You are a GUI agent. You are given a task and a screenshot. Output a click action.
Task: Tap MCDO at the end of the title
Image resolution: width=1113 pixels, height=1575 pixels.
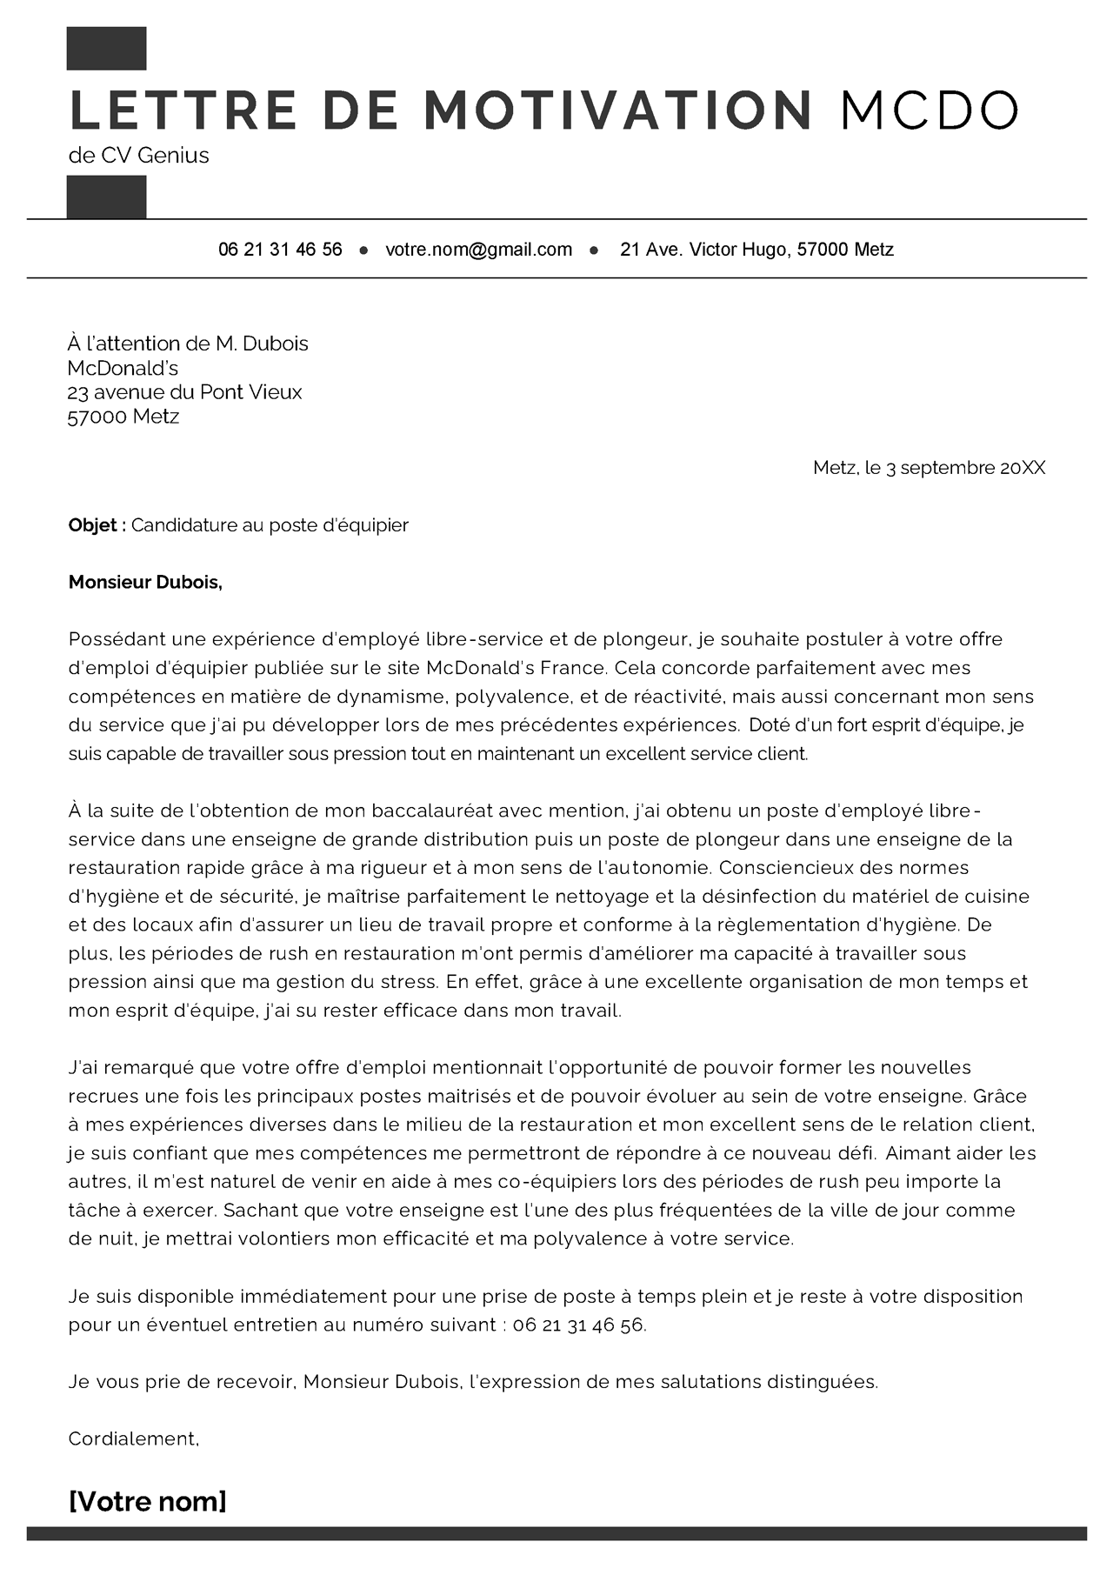929,110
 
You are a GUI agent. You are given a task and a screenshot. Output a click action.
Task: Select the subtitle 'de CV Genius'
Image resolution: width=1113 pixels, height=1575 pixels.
139,156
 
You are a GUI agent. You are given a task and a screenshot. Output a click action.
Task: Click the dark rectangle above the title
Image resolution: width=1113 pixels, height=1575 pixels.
106,49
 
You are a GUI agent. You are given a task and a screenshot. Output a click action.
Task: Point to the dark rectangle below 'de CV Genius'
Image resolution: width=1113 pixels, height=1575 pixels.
106,197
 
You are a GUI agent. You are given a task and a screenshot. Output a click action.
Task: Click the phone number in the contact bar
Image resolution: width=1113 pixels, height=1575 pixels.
280,250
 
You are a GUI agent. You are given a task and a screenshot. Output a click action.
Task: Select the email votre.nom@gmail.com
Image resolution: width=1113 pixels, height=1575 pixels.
478,250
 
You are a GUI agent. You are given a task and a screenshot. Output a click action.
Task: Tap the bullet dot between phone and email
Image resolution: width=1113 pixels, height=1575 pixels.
364,250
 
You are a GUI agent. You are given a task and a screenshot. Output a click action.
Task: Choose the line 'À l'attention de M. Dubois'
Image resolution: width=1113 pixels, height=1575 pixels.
188,344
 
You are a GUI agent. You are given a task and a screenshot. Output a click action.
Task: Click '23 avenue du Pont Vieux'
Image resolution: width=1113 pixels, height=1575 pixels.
184,392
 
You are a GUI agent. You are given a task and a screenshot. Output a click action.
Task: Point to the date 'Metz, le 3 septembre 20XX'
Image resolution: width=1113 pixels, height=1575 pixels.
929,468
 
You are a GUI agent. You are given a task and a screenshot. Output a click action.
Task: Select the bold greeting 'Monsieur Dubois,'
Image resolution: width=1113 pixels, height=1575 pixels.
145,583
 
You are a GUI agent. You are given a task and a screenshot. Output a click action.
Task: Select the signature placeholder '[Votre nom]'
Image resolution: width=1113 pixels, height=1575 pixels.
147,1501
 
